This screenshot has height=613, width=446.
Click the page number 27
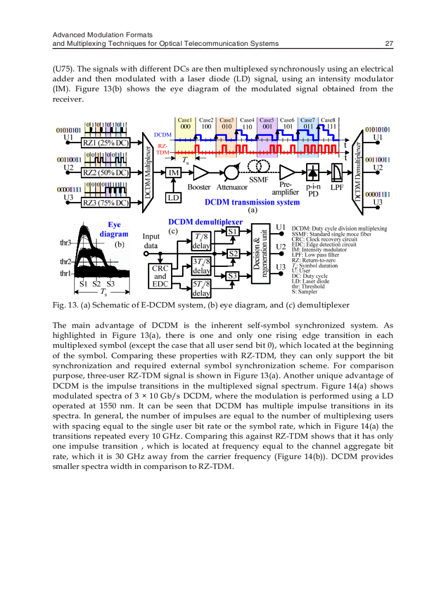(x=390, y=44)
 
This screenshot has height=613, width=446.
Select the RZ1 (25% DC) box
(x=105, y=143)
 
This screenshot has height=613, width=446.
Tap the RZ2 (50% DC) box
(x=105, y=173)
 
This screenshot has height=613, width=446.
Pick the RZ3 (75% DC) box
(x=105, y=203)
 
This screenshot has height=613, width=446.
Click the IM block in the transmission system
(x=173, y=173)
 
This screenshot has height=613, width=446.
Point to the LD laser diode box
(x=173, y=197)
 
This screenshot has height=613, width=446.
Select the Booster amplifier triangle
(x=200, y=173)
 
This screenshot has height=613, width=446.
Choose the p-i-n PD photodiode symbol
(x=313, y=172)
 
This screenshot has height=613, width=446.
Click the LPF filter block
(x=337, y=173)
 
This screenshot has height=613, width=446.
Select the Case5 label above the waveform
(x=267, y=120)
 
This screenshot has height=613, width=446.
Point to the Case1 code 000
(x=185, y=127)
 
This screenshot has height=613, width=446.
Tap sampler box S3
(x=233, y=276)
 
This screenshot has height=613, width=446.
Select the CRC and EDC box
(x=160, y=276)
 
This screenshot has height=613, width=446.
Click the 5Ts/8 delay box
(x=201, y=288)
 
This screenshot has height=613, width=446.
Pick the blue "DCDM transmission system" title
(x=252, y=203)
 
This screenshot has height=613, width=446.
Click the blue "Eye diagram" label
(x=114, y=229)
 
